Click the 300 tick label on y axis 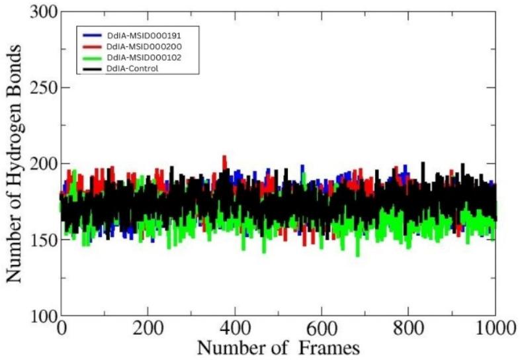pyautogui.click(x=40, y=12)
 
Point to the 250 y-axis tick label pyautogui.click(x=40, y=88)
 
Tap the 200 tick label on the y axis pyautogui.click(x=40, y=164)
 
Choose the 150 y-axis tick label pyautogui.click(x=40, y=240)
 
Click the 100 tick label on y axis pyautogui.click(x=40, y=316)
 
